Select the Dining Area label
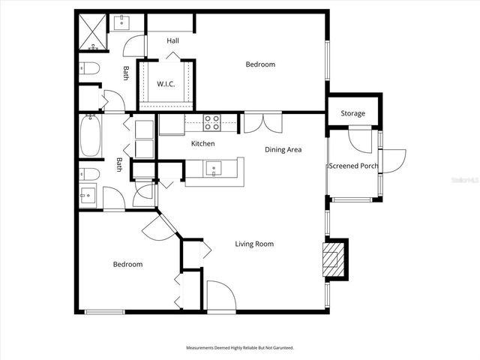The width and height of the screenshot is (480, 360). pos(283,149)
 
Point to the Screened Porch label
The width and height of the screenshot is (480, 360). pos(353,166)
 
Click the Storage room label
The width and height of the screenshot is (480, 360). pos(352,113)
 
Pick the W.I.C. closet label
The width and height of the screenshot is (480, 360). pos(166,83)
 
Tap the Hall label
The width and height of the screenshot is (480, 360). pos(172,40)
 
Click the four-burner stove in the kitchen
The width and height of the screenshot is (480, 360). pos(212,121)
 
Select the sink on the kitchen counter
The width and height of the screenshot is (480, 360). pos(213,170)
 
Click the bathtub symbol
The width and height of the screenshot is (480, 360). pos(91,135)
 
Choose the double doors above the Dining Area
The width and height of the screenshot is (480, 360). pos(262,123)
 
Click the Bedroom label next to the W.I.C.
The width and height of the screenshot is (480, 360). pos(260,64)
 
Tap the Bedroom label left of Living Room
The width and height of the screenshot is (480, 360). pos(127,264)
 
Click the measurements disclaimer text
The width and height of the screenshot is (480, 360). pos(240,348)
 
